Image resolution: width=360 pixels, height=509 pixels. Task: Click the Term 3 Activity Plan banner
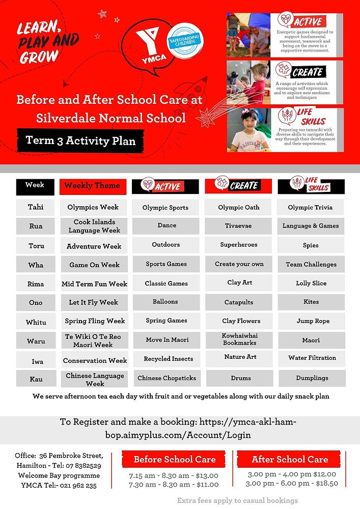click(80, 140)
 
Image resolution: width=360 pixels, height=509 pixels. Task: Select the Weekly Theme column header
click(92, 186)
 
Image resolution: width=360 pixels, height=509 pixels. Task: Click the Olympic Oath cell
click(238, 207)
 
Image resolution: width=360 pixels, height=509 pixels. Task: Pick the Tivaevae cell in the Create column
click(238, 225)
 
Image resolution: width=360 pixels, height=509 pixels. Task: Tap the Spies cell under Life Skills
click(311, 245)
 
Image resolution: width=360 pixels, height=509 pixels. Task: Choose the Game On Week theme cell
click(95, 265)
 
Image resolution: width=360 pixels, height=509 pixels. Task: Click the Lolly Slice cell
click(311, 283)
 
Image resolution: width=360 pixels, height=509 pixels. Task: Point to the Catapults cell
click(239, 302)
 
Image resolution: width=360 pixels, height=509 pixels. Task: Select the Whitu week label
click(36, 322)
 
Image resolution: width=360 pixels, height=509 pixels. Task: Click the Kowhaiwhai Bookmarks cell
click(239, 339)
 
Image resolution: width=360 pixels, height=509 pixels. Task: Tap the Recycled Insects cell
click(168, 359)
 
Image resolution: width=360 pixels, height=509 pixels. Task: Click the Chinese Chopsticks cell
click(167, 378)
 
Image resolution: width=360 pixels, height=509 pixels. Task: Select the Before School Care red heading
click(175, 460)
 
